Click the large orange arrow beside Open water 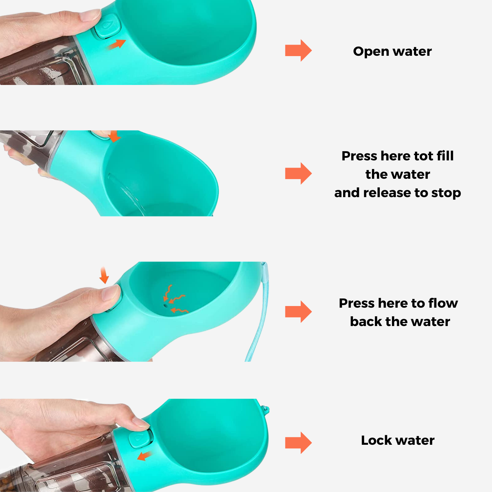click(x=298, y=51)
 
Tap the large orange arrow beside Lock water click(x=298, y=443)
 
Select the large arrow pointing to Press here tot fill click(x=298, y=173)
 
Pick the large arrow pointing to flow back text click(x=298, y=312)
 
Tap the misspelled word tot click(x=423, y=156)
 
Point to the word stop click(x=446, y=194)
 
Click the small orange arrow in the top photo click(x=117, y=44)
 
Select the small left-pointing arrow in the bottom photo click(x=144, y=456)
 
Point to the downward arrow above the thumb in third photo click(x=104, y=275)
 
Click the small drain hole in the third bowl click(x=166, y=305)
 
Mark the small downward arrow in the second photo click(x=114, y=136)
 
